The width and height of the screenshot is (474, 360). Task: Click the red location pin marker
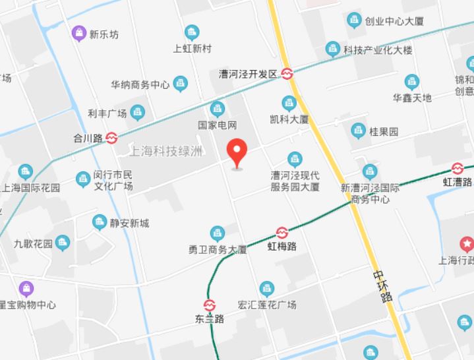pyautogui.click(x=237, y=152)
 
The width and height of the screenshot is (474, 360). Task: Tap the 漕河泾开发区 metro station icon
pyautogui.click(x=288, y=74)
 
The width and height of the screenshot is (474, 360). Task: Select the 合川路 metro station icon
pyautogui.click(x=112, y=138)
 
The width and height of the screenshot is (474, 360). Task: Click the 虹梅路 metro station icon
pyautogui.click(x=281, y=232)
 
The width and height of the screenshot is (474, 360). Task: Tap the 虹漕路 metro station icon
pyautogui.click(x=458, y=168)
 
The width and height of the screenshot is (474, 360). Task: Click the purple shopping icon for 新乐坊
pyautogui.click(x=79, y=32)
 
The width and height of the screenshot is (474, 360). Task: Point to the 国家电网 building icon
pyautogui.click(x=217, y=109)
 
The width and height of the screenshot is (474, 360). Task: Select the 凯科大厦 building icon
pyautogui.click(x=289, y=103)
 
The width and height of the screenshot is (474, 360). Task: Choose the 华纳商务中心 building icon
pyautogui.click(x=181, y=84)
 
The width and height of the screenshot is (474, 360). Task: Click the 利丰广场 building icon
pyautogui.click(x=137, y=113)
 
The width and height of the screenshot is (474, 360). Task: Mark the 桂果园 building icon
pyautogui.click(x=359, y=131)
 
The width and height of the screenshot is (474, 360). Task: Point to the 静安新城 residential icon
pyautogui.click(x=100, y=222)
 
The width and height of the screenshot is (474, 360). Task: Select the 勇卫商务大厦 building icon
pyautogui.click(x=217, y=233)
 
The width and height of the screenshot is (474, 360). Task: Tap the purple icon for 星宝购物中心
pyautogui.click(x=26, y=289)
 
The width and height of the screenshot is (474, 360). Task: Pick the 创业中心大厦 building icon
pyautogui.click(x=355, y=20)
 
